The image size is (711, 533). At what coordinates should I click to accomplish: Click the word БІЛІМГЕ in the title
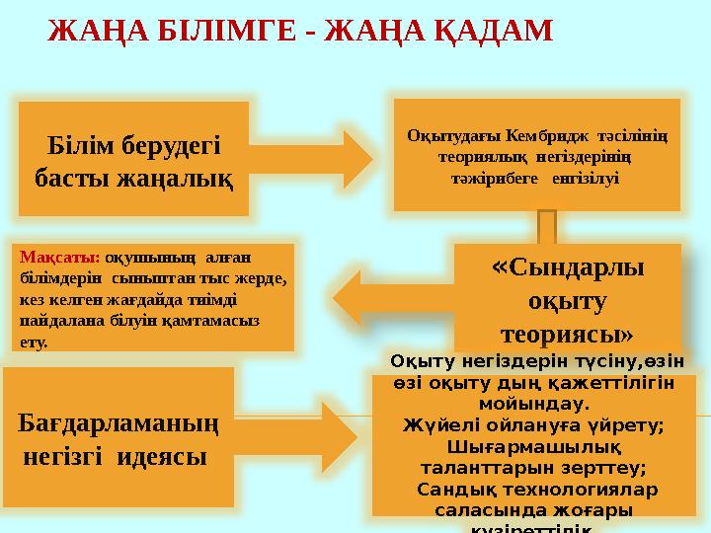click(x=219, y=30)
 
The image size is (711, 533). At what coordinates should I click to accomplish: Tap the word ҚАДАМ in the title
click(x=490, y=30)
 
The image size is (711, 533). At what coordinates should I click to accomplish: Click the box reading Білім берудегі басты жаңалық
click(x=134, y=158)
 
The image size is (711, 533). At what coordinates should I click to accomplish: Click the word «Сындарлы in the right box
click(x=568, y=266)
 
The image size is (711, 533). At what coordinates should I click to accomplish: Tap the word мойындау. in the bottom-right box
click(x=534, y=404)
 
